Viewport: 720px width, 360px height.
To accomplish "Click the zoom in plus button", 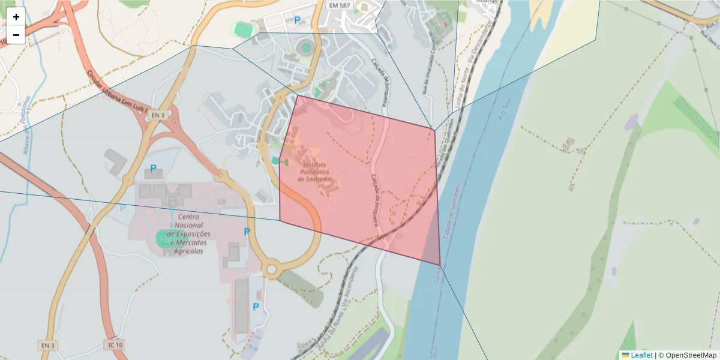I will (16, 17).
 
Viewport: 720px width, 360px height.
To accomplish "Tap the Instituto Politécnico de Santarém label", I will (317, 172).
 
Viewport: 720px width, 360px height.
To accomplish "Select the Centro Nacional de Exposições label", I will (189, 234).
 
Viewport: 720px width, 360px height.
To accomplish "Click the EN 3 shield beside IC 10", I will (48, 345).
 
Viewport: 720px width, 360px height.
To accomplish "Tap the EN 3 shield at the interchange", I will (157, 115).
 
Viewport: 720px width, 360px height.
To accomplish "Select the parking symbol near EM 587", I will (297, 20).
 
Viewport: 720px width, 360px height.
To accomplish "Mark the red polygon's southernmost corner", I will (440, 265).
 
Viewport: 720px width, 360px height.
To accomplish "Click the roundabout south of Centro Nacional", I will (271, 269).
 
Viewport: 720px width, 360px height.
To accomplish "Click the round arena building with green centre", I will (307, 47).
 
